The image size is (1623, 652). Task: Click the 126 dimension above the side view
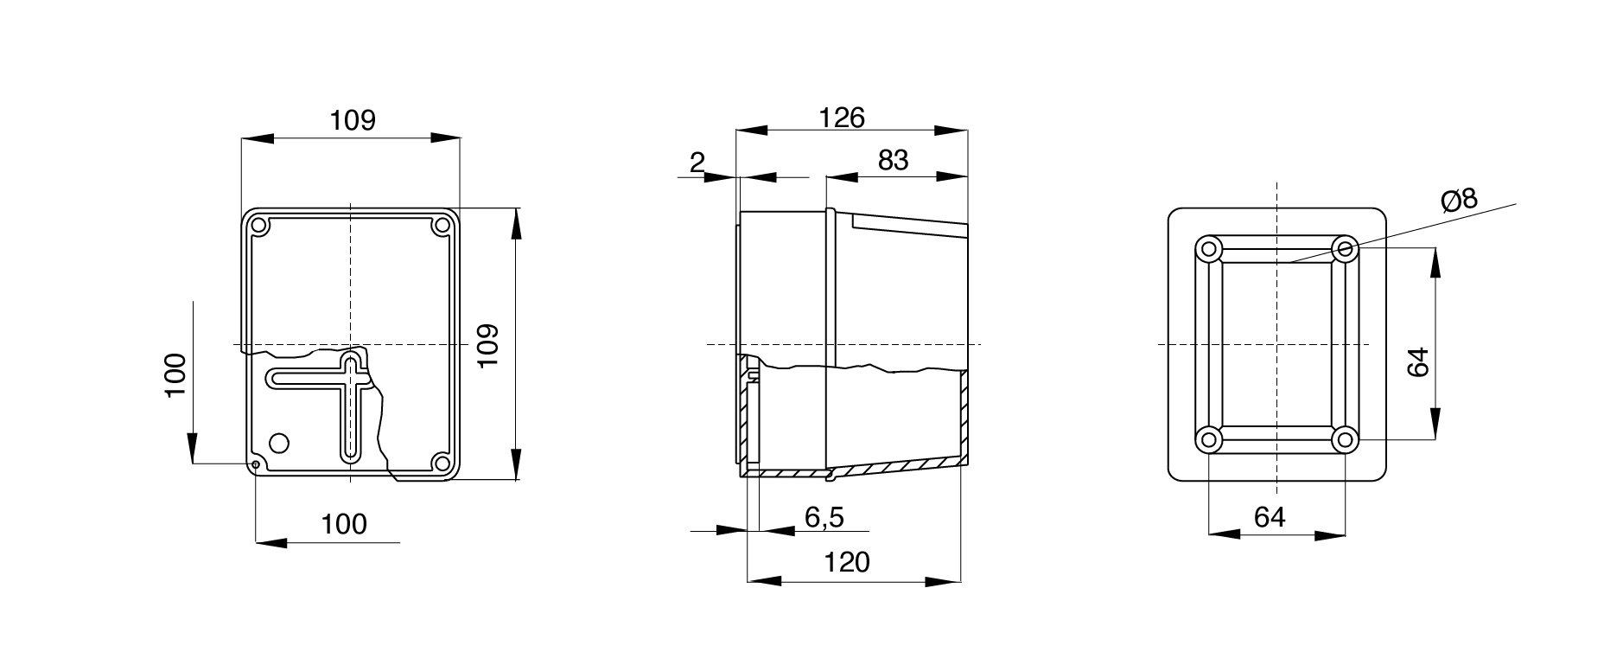tap(842, 118)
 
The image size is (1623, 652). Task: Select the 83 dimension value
tap(893, 160)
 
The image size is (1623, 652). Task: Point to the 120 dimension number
tap(846, 563)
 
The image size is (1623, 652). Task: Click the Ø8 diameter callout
tap(1459, 200)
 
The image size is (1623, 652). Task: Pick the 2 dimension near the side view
tap(697, 162)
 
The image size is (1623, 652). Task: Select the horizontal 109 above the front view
tap(353, 120)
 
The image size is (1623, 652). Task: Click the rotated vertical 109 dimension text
tap(489, 345)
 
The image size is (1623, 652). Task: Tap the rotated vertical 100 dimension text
tap(175, 375)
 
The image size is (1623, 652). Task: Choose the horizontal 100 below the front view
tap(344, 524)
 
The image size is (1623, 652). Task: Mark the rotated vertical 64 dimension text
tap(1418, 361)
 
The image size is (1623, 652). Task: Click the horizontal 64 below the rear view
tap(1270, 517)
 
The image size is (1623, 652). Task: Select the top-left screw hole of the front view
tap(258, 227)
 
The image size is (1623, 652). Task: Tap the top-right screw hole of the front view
tap(442, 227)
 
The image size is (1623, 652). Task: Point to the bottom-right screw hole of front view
tap(442, 462)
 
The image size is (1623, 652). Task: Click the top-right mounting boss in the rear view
tap(1344, 251)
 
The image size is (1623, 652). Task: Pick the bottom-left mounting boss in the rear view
tap(1209, 439)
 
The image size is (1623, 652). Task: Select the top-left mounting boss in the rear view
tap(1209, 251)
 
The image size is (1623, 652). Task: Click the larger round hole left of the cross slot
tap(278, 443)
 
